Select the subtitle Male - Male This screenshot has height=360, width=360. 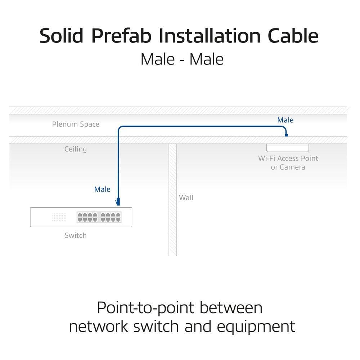[182, 59]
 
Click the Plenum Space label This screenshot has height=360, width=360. [76, 125]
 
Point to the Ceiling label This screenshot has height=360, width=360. [76, 149]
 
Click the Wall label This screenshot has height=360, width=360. [186, 198]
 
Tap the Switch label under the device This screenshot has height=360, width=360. [76, 235]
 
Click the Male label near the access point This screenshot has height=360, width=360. [285, 120]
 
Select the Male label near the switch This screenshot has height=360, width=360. [102, 189]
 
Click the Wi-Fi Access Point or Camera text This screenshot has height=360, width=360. [288, 163]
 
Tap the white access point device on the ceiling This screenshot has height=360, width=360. [288, 148]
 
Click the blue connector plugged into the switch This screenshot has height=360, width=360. [118, 202]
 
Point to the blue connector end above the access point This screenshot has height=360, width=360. [286, 135]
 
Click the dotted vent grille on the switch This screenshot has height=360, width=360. [59, 217]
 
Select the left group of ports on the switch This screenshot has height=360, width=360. [87, 217]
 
